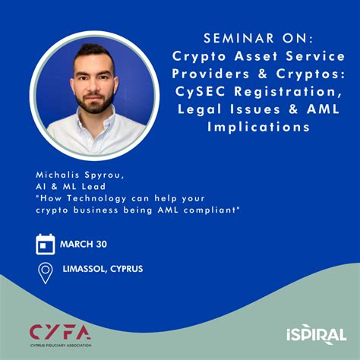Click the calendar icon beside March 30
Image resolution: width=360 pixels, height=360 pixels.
pos(46,244)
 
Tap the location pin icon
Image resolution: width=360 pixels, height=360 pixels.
pos(46,273)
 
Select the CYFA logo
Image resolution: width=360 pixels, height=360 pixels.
pos(60,336)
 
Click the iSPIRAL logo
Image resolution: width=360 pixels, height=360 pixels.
pos(317,334)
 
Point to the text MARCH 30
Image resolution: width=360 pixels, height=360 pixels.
pos(84,245)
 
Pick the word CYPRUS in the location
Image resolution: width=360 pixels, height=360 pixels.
pos(127,269)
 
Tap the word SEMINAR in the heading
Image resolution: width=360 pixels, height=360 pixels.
pos(239,39)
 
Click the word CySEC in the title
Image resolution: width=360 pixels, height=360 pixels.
pos(200,92)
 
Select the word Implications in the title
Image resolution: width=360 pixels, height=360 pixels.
pos(258,127)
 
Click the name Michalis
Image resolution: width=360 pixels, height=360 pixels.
pos(58,175)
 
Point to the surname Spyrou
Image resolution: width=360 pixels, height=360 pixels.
pos(104,175)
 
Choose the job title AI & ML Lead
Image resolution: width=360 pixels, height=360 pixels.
pos(71,187)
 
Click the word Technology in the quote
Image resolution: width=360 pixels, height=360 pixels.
pos(97,199)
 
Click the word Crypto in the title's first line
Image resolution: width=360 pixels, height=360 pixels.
pos(199,57)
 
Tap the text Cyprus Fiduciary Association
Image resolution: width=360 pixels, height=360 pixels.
pos(61,346)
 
